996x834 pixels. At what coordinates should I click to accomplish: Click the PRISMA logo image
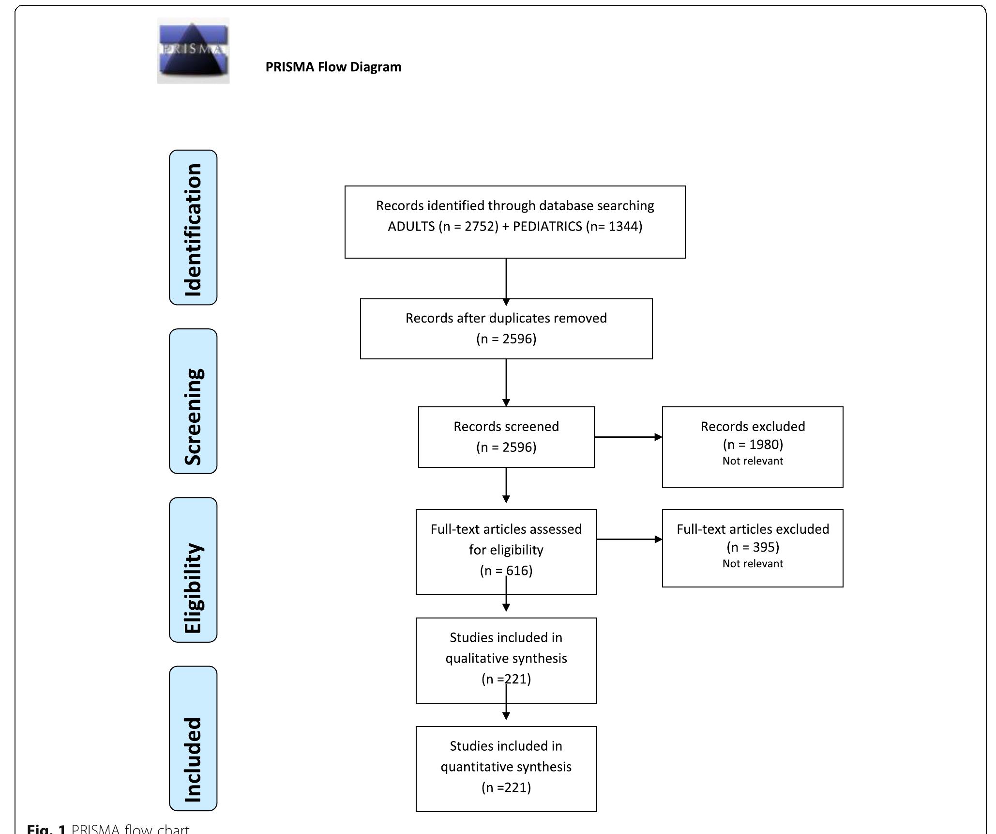pos(193,50)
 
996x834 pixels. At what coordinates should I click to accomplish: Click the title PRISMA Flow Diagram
pos(333,67)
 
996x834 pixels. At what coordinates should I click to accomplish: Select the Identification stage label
pos(193,228)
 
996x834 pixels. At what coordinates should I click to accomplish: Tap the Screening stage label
pos(193,401)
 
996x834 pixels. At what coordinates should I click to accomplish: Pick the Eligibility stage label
pos(193,570)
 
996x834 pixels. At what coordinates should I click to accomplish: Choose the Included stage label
pos(193,738)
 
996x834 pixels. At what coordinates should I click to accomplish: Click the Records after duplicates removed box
pos(506,328)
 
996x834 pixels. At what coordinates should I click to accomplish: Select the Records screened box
pos(506,437)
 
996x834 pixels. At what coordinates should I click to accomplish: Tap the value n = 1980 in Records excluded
pos(753,445)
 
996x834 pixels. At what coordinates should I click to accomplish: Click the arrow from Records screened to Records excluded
pos(628,437)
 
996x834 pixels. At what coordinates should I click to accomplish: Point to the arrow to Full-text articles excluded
pos(629,539)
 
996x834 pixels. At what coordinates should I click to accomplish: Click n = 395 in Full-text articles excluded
pos(753,547)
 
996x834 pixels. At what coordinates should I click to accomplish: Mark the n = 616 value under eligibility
pos(506,571)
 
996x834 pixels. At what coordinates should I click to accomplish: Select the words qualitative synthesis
pos(506,658)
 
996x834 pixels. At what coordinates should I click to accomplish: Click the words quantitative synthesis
pos(506,767)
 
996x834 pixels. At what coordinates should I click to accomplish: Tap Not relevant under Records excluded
pos(753,461)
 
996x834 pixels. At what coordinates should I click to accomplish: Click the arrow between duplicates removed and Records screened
pos(506,383)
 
